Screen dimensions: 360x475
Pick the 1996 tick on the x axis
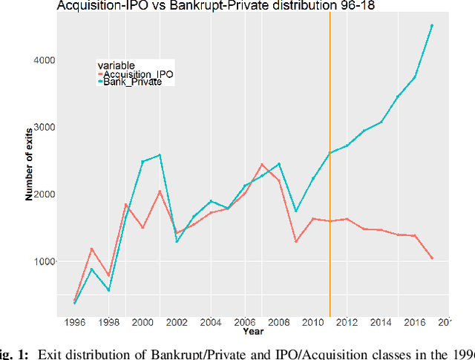click(75, 323)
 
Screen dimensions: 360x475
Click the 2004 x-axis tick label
click(211, 323)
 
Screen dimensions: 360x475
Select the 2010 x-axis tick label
click(313, 323)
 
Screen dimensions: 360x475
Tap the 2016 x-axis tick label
click(416, 323)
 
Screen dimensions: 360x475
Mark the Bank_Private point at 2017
click(432, 25)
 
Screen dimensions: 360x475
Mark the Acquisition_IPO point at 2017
click(432, 258)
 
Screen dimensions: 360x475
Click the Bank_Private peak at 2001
click(160, 155)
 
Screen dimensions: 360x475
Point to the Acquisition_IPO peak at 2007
click(262, 164)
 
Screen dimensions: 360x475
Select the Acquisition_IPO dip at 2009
click(296, 241)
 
